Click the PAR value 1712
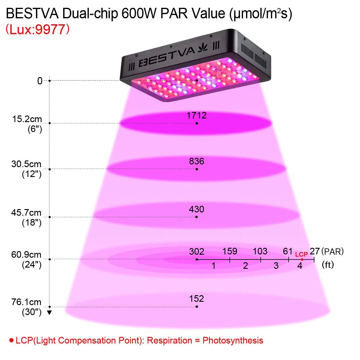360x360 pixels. click(x=196, y=115)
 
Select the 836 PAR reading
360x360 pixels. click(x=196, y=161)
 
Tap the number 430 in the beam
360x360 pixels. click(x=196, y=209)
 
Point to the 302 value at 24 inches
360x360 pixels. click(x=196, y=251)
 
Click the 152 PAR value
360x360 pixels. click(x=196, y=299)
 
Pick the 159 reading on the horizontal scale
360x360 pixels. click(x=230, y=251)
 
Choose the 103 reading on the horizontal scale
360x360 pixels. click(x=260, y=251)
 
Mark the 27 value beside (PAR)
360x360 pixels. click(x=314, y=251)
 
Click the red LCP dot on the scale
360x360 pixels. click(x=302, y=259)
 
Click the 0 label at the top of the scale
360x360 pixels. click(x=40, y=81)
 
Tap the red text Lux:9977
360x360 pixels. click(x=37, y=30)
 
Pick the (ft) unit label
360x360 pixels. click(x=328, y=265)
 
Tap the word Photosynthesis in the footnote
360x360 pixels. click(x=233, y=340)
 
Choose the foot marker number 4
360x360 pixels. click(x=300, y=266)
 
